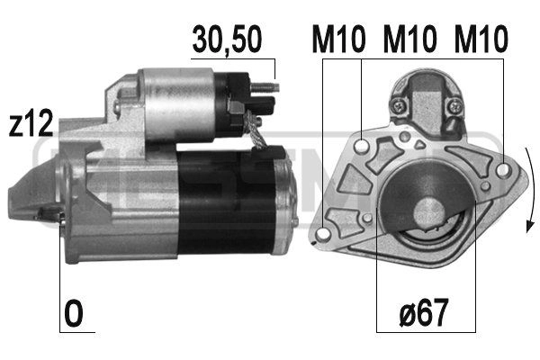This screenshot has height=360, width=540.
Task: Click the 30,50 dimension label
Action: [228, 40]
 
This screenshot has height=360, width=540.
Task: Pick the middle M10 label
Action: [409, 40]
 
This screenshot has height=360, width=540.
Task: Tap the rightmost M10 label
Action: [480, 40]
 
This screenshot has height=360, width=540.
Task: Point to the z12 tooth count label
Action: [29, 125]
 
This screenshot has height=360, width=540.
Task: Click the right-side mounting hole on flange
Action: [501, 167]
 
